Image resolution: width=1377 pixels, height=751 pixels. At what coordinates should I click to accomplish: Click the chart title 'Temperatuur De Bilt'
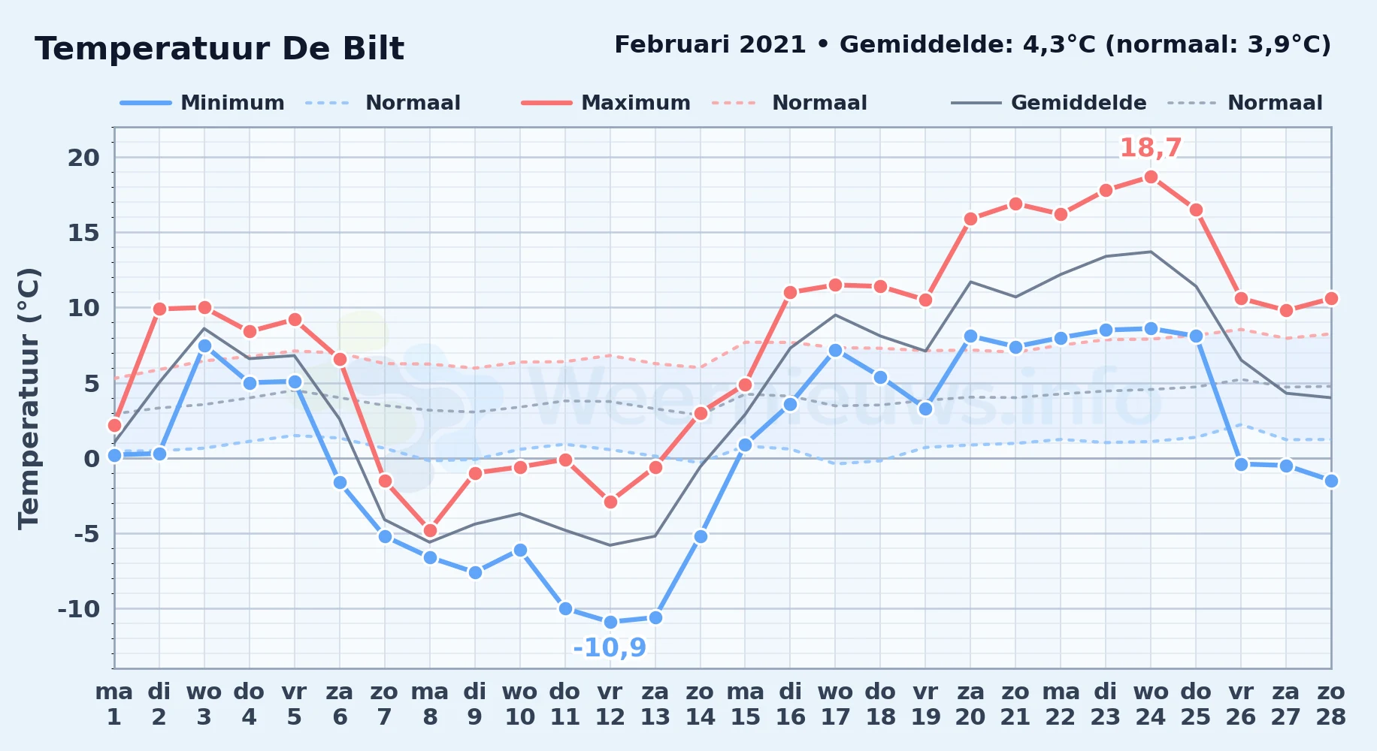pos(219,49)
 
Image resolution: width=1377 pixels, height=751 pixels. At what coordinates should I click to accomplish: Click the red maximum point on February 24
pos(1151,177)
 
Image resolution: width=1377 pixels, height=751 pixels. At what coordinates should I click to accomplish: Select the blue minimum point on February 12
pos(610,622)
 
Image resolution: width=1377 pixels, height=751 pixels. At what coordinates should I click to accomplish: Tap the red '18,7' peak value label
pos(1151,148)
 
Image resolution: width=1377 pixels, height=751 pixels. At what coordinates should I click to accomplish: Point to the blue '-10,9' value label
pos(610,647)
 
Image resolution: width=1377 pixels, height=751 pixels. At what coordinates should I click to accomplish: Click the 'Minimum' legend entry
pos(202,103)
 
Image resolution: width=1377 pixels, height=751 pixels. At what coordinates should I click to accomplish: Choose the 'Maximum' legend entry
pos(606,103)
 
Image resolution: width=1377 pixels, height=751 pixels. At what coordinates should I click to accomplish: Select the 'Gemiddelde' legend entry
pos(1049,103)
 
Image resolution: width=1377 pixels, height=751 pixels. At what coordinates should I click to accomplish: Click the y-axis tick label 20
pos(83,158)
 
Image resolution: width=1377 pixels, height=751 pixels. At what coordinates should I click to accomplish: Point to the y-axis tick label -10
pos(79,609)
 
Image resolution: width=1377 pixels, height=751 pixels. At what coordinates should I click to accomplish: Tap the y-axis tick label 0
pos(92,458)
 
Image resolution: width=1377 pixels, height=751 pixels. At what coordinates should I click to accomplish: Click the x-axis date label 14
pos(701,717)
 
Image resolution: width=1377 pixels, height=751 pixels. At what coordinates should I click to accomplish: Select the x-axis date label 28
pos(1331,717)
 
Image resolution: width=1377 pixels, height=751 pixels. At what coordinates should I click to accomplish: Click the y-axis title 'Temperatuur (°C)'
pos(29,399)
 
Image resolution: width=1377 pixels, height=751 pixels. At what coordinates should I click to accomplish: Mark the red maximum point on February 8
pos(430,530)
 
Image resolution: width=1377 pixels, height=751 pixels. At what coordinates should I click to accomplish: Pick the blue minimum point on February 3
pos(204,345)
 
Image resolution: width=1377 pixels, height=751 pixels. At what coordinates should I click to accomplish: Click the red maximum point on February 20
pos(970,219)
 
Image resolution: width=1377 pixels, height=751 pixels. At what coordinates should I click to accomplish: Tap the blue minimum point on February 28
pos(1331,481)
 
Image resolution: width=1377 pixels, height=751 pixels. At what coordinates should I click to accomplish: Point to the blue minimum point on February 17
pos(835,350)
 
